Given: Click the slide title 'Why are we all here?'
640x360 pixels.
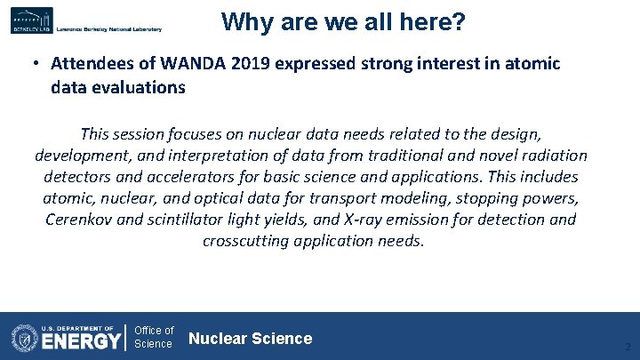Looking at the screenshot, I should pyautogui.click(x=343, y=21).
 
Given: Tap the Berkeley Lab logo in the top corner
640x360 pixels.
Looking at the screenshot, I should pyautogui.click(x=32, y=20).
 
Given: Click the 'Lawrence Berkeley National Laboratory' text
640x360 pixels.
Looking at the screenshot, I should pyautogui.click(x=108, y=29).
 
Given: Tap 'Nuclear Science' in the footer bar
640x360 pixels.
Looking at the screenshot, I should pyautogui.click(x=251, y=339).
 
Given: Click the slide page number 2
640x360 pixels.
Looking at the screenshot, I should pyautogui.click(x=627, y=347).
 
